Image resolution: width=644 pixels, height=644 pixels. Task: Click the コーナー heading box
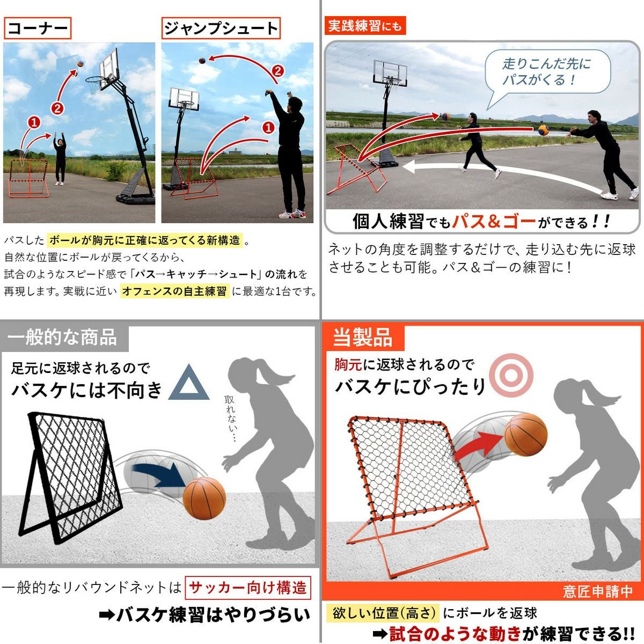coord(38,28)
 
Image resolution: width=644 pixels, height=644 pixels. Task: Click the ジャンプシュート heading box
coord(221,28)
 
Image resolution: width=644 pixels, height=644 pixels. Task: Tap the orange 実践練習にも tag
coord(365,26)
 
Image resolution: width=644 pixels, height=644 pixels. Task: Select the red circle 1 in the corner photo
coord(34,123)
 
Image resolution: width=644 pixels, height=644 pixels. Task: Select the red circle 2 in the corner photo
coord(57,108)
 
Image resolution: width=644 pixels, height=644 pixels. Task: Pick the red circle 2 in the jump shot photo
coord(278,71)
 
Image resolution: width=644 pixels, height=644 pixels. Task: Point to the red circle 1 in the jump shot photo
coord(268,127)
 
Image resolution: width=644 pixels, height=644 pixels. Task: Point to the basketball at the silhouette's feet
coord(204,498)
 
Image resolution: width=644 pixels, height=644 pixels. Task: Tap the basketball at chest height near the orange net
coord(526,435)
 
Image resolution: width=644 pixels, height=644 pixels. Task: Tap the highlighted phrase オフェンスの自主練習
coord(174,291)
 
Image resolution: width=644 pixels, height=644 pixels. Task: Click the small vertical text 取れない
coord(231,419)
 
